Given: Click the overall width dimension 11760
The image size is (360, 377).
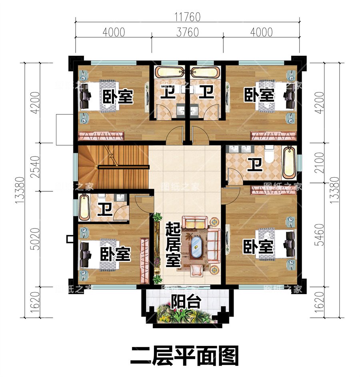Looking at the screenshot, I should click(187, 17).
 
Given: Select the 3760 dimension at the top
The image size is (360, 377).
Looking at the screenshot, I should click(187, 32).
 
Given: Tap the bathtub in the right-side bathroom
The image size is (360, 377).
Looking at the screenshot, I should click(289, 163).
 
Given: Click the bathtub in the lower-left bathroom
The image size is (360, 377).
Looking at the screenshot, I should click(84, 207).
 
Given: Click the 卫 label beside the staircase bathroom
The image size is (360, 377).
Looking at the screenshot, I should click(105, 209).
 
